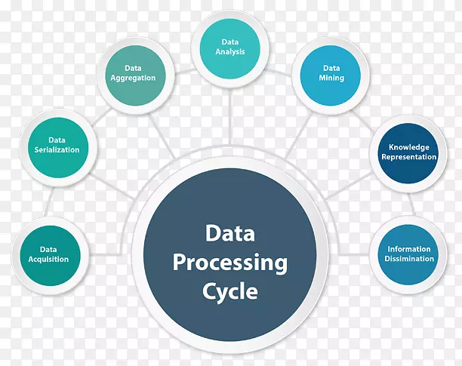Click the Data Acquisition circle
50,256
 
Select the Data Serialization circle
58,147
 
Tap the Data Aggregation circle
136,75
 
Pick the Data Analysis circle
230,49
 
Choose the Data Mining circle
331,75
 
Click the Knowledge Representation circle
408,153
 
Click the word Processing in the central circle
229,263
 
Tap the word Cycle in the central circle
229,291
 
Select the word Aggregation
133,78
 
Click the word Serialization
57,149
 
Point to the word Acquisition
48,260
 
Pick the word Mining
331,78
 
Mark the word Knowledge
409,147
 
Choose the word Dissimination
409,259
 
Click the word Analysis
230,52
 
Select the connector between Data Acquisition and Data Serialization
49,202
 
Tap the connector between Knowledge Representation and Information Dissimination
411,205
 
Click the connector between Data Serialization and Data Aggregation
102,117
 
